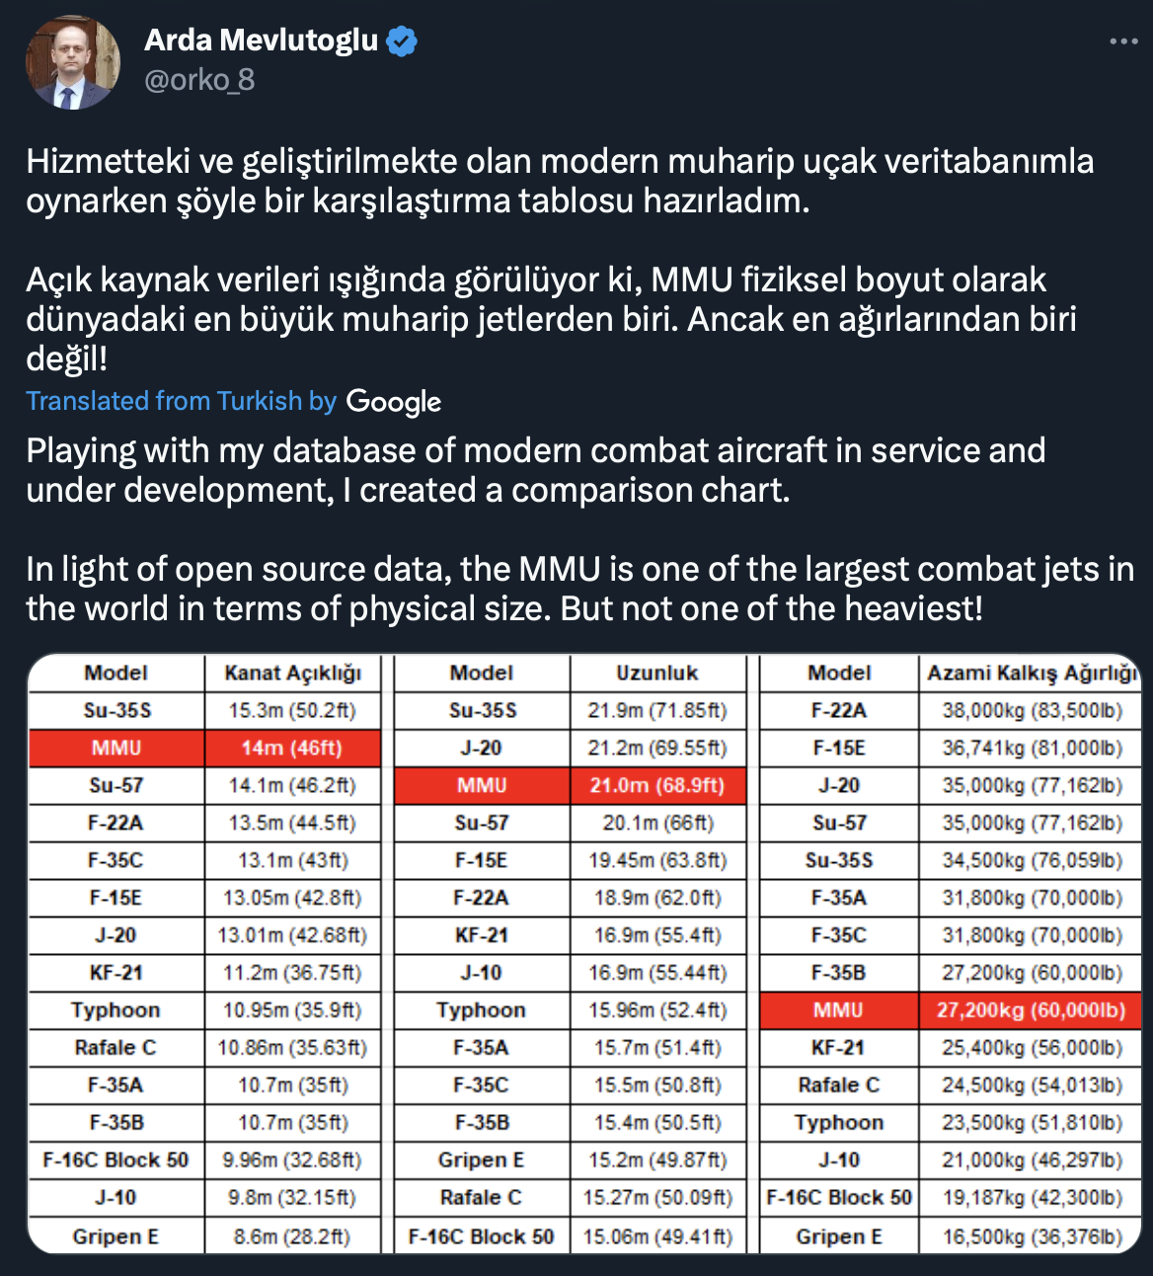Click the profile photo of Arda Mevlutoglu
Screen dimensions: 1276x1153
click(72, 61)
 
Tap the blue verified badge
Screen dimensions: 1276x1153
click(402, 41)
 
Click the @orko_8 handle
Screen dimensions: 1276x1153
click(199, 80)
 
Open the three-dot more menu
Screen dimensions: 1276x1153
click(1123, 41)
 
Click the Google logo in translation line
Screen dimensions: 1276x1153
click(394, 402)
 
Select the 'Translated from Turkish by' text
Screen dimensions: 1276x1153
click(182, 401)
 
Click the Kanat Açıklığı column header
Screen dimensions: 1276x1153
click(292, 673)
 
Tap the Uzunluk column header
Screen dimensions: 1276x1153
click(657, 673)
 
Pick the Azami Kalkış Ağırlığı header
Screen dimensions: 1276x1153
click(1031, 673)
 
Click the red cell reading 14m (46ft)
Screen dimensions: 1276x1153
click(292, 748)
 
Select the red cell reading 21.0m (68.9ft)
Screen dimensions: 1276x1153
click(657, 785)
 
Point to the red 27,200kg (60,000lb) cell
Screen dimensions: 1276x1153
click(1031, 1010)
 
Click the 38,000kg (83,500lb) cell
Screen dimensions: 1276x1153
click(1031, 710)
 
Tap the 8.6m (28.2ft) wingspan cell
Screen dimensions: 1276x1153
click(292, 1236)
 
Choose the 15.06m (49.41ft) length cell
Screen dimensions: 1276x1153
click(657, 1236)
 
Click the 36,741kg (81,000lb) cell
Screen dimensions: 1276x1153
click(1031, 748)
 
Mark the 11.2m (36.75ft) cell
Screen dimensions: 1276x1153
click(292, 973)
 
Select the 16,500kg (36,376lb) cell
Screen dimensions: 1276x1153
click(1031, 1236)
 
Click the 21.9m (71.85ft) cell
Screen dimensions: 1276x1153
click(657, 710)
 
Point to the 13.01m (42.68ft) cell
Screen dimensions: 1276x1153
click(292, 935)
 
